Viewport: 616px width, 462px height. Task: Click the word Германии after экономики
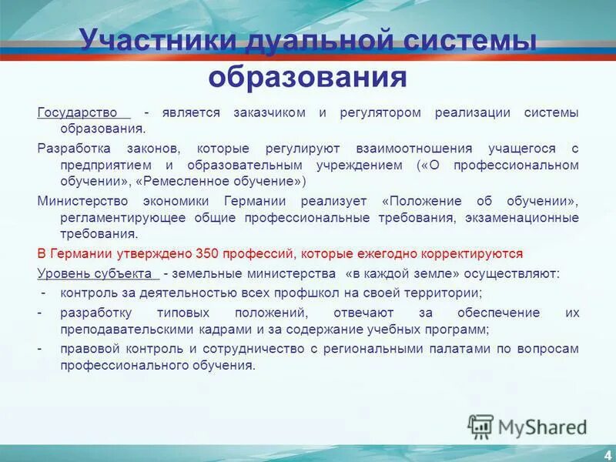(x=256, y=200)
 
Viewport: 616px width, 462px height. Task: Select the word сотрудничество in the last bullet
(x=246, y=348)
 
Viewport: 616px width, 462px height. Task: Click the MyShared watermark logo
(x=528, y=426)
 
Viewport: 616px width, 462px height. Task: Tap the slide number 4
(x=608, y=454)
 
